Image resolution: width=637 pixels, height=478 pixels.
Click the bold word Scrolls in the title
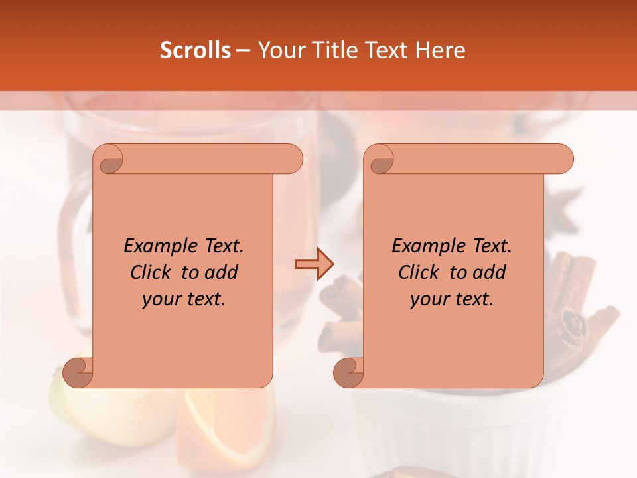pos(195,50)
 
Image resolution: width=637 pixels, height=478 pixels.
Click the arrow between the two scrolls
pos(314,264)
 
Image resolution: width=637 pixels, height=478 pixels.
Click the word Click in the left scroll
pos(150,272)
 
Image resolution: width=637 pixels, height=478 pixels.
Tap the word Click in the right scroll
pos(418,272)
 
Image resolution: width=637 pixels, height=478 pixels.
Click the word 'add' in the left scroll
pos(222,272)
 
